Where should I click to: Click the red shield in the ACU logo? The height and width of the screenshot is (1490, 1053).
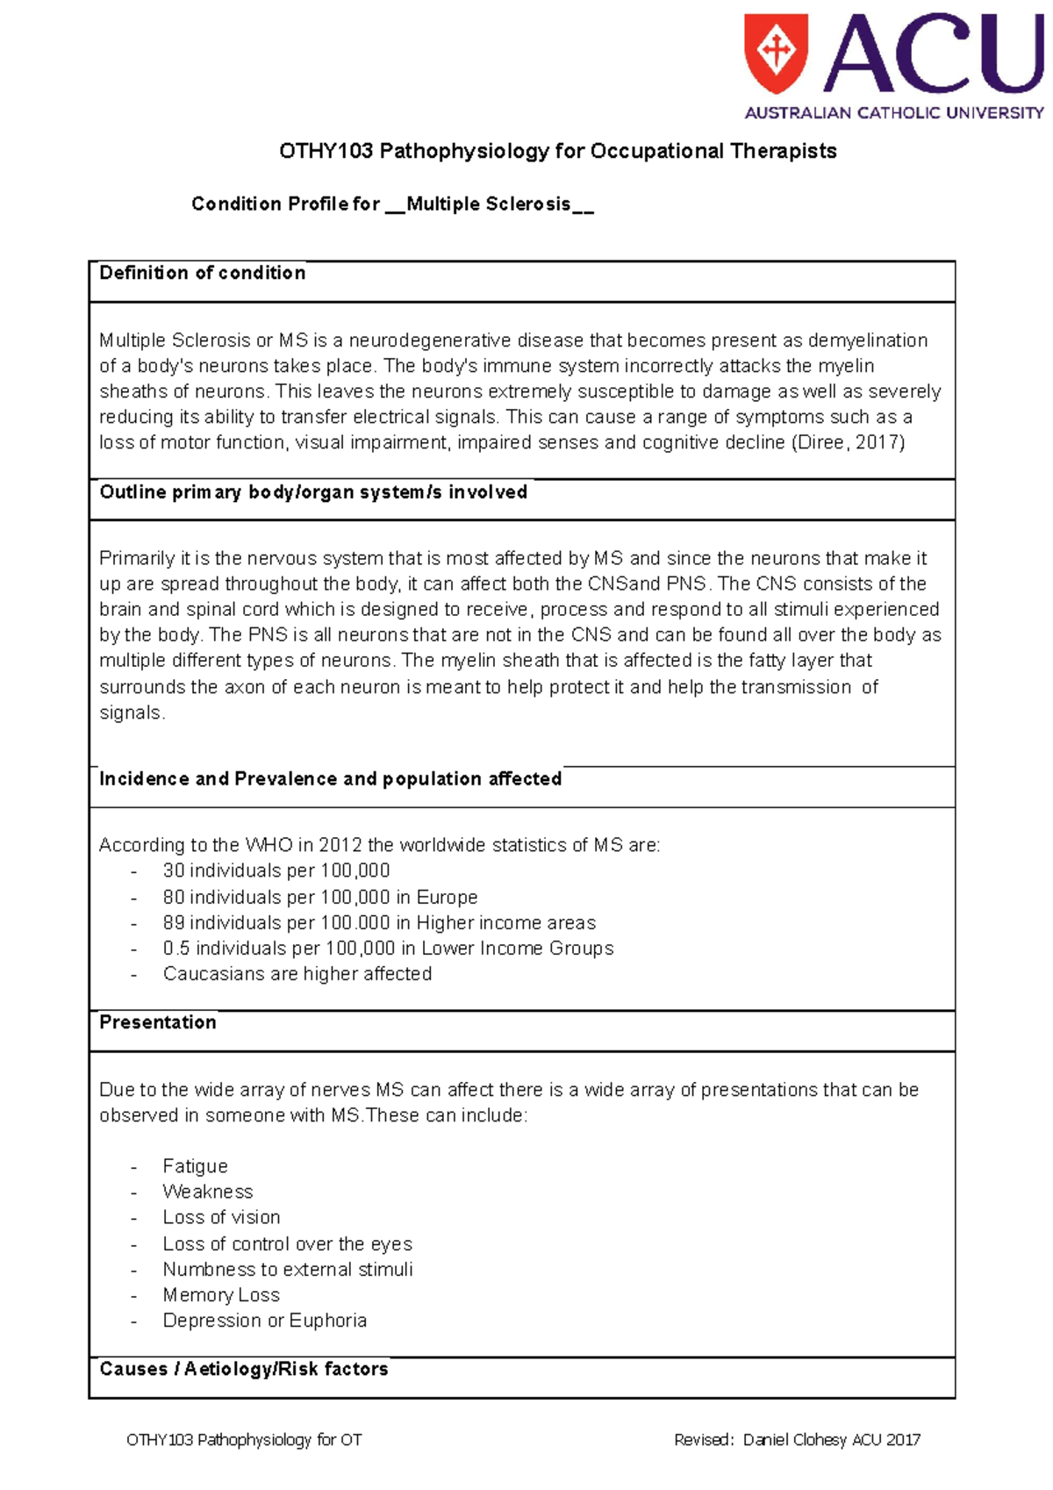click(776, 52)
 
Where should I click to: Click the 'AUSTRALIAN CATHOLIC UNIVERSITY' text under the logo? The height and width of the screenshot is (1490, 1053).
click(894, 113)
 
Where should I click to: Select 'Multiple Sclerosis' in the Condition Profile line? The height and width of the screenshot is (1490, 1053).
click(489, 204)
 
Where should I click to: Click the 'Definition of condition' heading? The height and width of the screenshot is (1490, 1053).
click(203, 273)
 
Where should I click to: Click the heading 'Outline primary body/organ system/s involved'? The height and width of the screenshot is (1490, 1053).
click(313, 492)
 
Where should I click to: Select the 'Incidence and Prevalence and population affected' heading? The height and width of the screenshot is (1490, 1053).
click(330, 778)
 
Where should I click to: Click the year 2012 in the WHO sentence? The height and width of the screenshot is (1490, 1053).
click(340, 845)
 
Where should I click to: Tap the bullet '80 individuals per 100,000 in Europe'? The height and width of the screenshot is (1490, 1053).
click(319, 897)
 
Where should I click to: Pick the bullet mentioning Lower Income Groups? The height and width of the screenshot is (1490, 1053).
click(388, 948)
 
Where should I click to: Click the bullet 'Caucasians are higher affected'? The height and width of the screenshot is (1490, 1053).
click(297, 973)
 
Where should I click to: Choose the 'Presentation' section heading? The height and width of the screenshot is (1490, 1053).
click(158, 1022)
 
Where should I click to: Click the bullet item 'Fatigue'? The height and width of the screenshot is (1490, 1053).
click(195, 1166)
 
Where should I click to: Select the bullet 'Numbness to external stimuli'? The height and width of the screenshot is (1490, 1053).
click(287, 1269)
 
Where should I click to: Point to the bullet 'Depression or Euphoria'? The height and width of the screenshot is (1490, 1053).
click(264, 1321)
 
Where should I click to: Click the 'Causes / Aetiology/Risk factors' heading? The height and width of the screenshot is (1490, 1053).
click(243, 1369)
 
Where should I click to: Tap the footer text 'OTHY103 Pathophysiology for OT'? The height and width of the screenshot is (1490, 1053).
click(244, 1440)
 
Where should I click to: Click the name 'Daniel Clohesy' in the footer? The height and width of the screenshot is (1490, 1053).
click(795, 1440)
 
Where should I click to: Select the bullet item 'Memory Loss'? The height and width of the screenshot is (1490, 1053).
click(221, 1295)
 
